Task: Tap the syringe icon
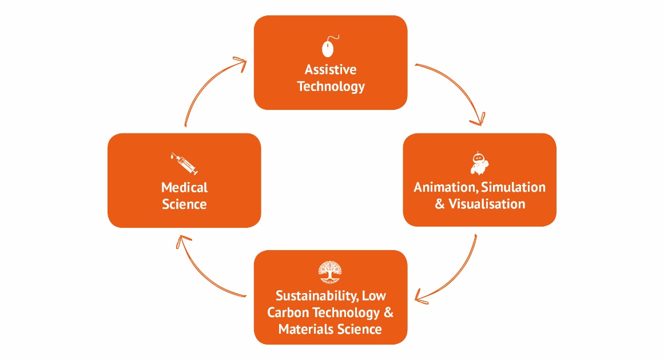pyautogui.click(x=184, y=164)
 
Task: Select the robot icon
pyautogui.click(x=479, y=164)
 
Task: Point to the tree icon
pyautogui.click(x=330, y=272)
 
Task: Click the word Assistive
pyautogui.click(x=331, y=70)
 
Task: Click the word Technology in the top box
pyautogui.click(x=331, y=87)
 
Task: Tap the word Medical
pyautogui.click(x=184, y=187)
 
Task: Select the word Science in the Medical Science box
pyautogui.click(x=184, y=204)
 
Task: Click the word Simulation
pyautogui.click(x=514, y=187)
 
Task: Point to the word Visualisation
pyautogui.click(x=487, y=204)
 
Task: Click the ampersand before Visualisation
pyautogui.click(x=440, y=204)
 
